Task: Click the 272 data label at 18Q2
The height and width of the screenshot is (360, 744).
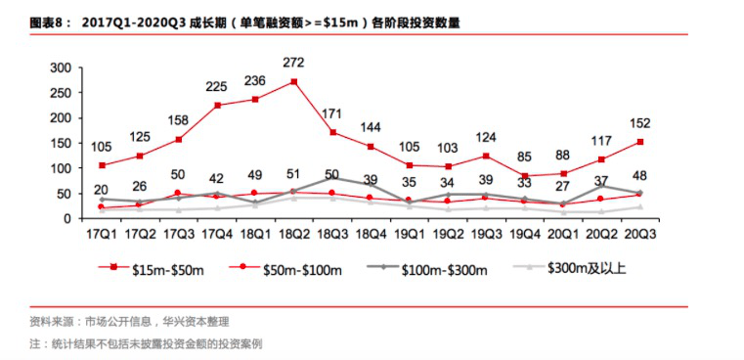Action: click(293, 61)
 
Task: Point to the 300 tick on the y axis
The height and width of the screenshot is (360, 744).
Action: click(61, 67)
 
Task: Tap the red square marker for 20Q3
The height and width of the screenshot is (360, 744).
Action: click(638, 142)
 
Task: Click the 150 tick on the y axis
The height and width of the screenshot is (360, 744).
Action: click(61, 143)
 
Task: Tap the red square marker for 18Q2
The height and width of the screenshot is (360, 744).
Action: click(292, 81)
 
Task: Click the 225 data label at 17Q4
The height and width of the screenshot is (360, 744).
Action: click(216, 87)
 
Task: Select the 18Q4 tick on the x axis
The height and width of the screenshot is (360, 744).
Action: click(371, 235)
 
